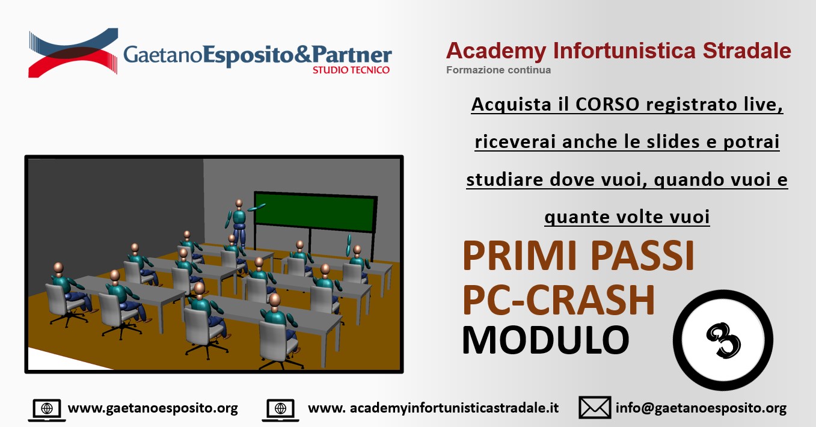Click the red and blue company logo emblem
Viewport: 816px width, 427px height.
click(x=73, y=52)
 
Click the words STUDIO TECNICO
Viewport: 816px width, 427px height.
click(x=351, y=70)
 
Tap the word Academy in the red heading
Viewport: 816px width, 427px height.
click(x=496, y=51)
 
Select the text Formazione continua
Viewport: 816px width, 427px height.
click(x=498, y=70)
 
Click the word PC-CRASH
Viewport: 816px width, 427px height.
click(x=559, y=300)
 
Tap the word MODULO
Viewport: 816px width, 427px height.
click(x=545, y=340)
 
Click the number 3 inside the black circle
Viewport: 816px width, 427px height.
click(x=723, y=340)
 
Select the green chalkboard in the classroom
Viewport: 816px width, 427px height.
click(x=315, y=212)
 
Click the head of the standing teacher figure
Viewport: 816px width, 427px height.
click(x=239, y=203)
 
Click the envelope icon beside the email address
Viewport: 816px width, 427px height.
click(x=595, y=408)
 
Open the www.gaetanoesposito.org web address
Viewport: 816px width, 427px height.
click(x=153, y=408)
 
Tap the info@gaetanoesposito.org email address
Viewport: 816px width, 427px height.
click(x=701, y=408)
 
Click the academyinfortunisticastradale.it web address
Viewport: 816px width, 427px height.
click(x=433, y=408)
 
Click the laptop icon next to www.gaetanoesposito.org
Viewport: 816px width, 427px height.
click(x=47, y=410)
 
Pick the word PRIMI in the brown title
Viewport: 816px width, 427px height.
click(x=520, y=256)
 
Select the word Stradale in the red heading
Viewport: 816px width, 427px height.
click(x=747, y=51)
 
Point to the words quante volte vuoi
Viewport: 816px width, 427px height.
click(x=627, y=217)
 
